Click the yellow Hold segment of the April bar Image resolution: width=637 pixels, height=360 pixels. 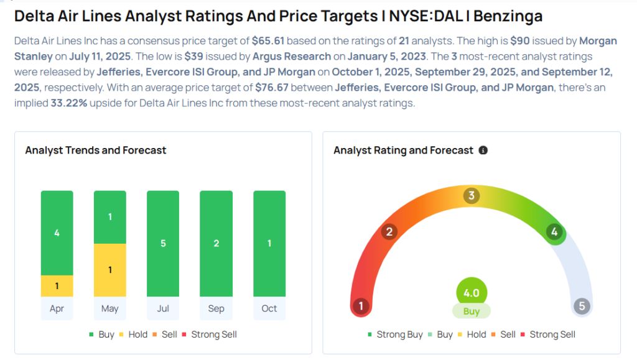(x=57, y=285)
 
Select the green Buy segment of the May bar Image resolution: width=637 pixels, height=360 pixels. (x=109, y=217)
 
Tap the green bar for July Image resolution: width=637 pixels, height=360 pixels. (x=163, y=243)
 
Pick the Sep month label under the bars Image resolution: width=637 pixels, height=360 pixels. (x=216, y=308)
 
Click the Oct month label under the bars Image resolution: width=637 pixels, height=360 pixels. (x=269, y=308)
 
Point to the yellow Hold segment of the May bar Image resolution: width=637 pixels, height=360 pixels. (x=109, y=270)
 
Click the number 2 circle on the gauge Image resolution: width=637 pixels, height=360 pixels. (x=389, y=232)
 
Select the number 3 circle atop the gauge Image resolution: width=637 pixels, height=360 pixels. (x=472, y=196)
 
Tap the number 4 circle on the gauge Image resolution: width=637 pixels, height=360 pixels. (x=554, y=232)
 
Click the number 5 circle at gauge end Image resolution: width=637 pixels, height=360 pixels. (x=582, y=306)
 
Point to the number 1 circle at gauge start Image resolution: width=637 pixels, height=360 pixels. (x=360, y=306)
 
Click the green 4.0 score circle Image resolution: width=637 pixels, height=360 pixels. (x=472, y=293)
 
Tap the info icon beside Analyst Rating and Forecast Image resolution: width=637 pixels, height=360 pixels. (x=483, y=150)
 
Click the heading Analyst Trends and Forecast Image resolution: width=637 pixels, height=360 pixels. (x=95, y=150)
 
